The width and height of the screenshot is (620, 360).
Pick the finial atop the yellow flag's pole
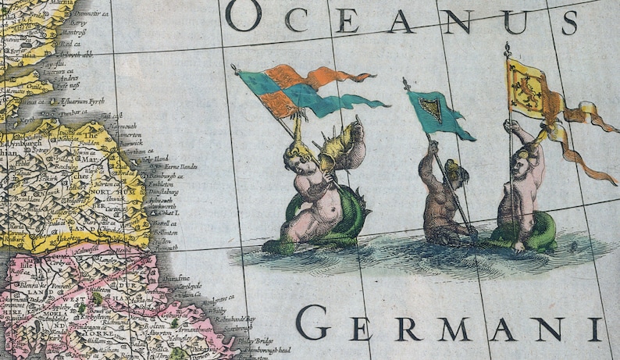(x=507, y=49)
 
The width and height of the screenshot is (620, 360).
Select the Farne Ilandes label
(x=180, y=166)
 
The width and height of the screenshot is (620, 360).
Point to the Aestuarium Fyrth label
(x=87, y=102)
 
